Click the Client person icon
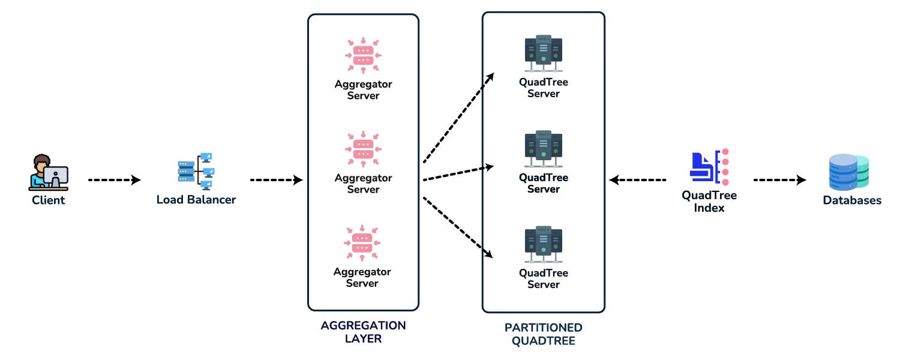click(x=48, y=172)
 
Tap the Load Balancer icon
click(x=196, y=172)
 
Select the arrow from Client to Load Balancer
click(x=115, y=180)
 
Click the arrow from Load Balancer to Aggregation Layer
click(x=277, y=180)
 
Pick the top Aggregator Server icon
click(x=363, y=55)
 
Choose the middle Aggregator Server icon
click(x=363, y=149)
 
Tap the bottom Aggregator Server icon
click(x=362, y=243)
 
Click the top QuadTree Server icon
click(x=543, y=53)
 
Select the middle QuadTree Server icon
click(x=543, y=149)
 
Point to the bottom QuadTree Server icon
click(x=543, y=244)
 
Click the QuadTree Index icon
click(x=709, y=167)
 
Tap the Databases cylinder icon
click(x=849, y=172)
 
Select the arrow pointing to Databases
click(x=780, y=180)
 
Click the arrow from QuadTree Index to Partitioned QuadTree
click(x=638, y=180)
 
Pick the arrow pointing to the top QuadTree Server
click(x=458, y=118)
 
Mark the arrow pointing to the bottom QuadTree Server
click(x=458, y=227)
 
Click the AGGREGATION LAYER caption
click(x=363, y=332)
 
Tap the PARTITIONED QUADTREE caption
click(x=543, y=334)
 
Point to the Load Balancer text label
click(x=196, y=200)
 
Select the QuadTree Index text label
click(x=709, y=202)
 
